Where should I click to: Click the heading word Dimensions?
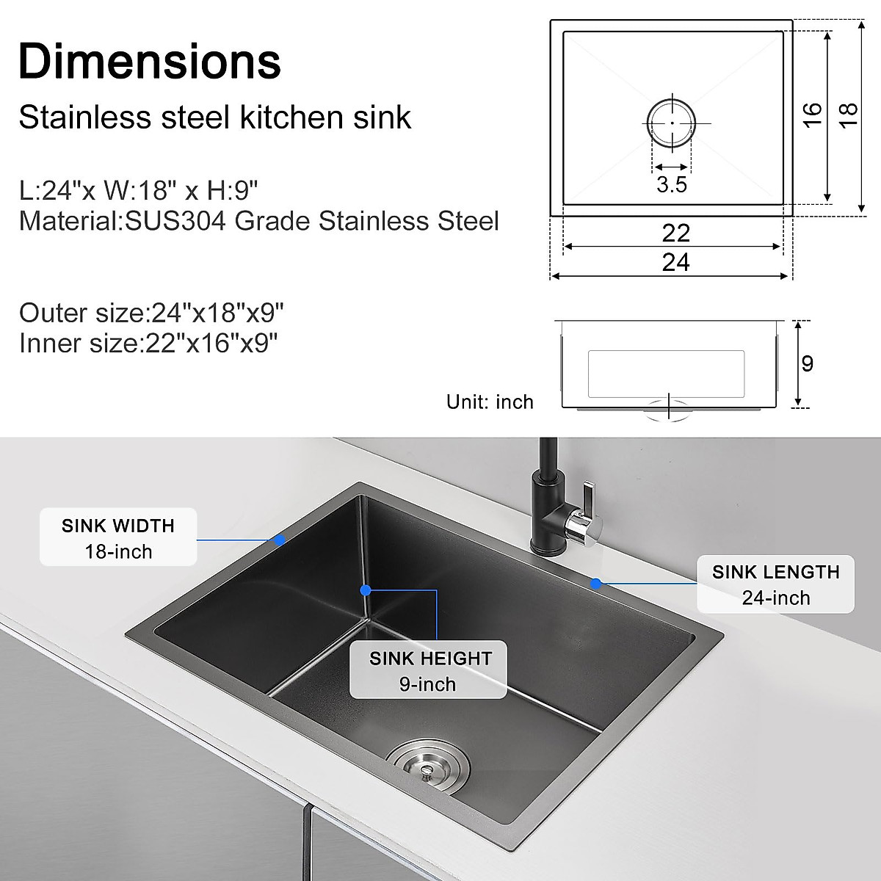[x=150, y=61]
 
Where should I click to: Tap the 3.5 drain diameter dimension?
[x=672, y=184]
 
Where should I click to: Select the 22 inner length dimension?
[x=675, y=233]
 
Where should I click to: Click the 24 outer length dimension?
[x=675, y=262]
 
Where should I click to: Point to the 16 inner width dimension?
[x=812, y=114]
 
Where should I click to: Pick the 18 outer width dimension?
[x=848, y=114]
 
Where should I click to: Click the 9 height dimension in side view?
[x=808, y=363]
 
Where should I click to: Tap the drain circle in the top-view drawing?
[x=671, y=123]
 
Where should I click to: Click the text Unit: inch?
[x=490, y=402]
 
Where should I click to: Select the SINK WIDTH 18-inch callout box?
[x=118, y=537]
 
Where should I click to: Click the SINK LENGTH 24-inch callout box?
[x=775, y=584]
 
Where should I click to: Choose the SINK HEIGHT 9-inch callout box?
[x=429, y=671]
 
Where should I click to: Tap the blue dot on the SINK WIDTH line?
[x=280, y=540]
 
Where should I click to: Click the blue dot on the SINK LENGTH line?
[x=596, y=584]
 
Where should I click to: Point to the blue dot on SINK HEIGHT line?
[x=366, y=590]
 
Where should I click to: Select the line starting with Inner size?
[x=148, y=343]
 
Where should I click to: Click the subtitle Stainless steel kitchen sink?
[x=214, y=117]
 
